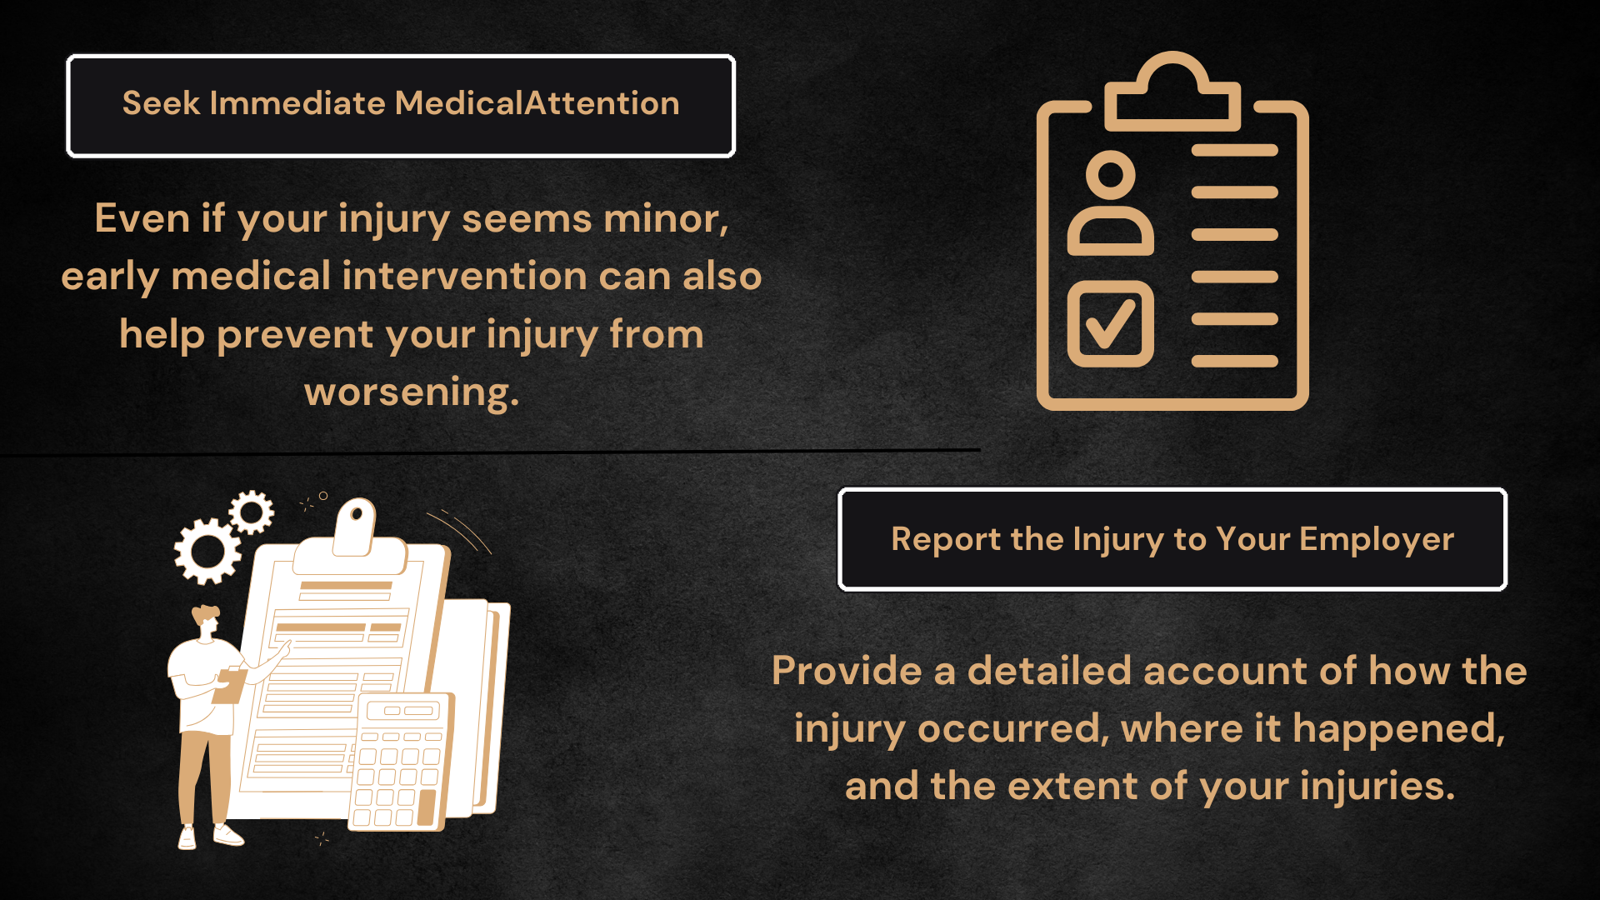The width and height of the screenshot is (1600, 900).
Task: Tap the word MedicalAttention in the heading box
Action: pyautogui.click(x=537, y=103)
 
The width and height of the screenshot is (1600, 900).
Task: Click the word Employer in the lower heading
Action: pyautogui.click(x=1377, y=540)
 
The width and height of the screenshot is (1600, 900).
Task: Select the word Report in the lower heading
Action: pyautogui.click(x=946, y=540)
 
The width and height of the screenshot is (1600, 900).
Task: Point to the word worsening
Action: pyautogui.click(x=412, y=392)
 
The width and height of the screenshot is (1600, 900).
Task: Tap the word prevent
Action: pyautogui.click(x=295, y=335)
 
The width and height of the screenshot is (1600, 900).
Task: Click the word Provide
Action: pyautogui.click(x=847, y=671)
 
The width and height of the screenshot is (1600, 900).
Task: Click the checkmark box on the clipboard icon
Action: pyautogui.click(x=1111, y=324)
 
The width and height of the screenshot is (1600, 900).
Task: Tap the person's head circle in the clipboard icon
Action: pyautogui.click(x=1111, y=175)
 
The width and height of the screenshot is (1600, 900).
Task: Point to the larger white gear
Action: pyautogui.click(x=207, y=551)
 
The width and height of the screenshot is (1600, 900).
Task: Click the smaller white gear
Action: pyautogui.click(x=251, y=512)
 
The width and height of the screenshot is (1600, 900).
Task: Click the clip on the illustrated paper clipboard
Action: pyautogui.click(x=356, y=527)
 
